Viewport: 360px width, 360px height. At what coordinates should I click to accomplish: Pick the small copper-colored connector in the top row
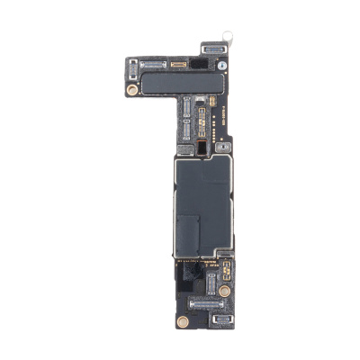(178, 66)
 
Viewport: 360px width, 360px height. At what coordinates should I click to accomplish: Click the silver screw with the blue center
(220, 67)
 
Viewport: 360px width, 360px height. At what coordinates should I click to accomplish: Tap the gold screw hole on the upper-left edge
(132, 90)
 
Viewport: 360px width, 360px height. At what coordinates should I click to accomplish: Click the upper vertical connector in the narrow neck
(186, 110)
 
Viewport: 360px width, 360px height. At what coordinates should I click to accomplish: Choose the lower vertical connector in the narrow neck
(186, 131)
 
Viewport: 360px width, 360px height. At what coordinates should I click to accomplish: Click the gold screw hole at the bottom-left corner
(183, 320)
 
